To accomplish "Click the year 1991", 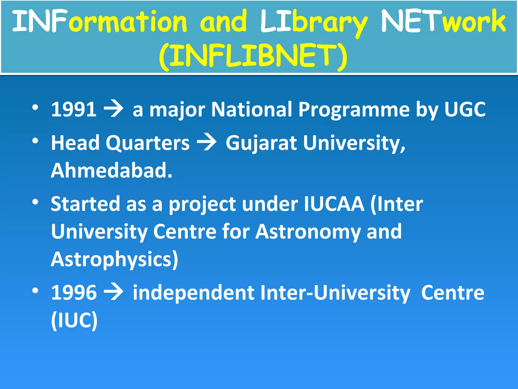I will pos(74,109).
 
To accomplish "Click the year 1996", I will pos(74,293).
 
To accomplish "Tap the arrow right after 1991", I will pos(114,109).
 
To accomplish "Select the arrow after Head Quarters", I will pos(207,143).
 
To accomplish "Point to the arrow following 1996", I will pos(114,293).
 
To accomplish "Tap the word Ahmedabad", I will pos(111,170).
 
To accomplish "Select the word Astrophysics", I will pos(114,260).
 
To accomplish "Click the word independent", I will pos(193,293).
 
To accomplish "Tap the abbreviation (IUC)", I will pos(74,320).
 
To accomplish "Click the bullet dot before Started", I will pos(35,202).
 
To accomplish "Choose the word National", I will pos(251,109).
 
